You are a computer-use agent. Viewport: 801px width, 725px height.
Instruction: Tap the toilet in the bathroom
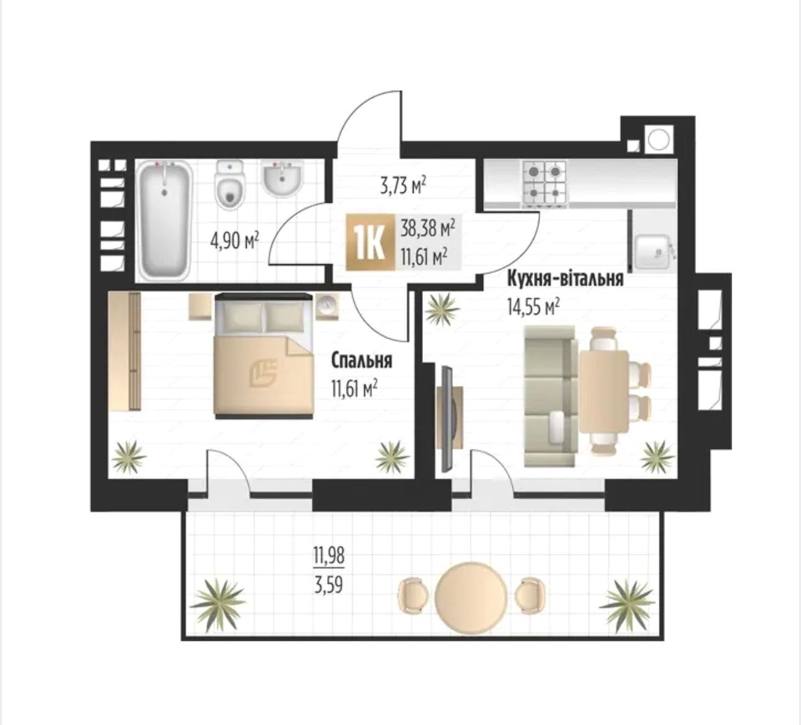click(x=229, y=185)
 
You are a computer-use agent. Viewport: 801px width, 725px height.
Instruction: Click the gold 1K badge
click(x=370, y=242)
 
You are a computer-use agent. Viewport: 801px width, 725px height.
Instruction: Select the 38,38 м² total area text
click(x=427, y=230)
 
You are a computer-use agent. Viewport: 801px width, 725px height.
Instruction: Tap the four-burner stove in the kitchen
click(x=545, y=184)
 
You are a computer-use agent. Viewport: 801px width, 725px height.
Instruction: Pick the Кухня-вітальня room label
click(x=565, y=279)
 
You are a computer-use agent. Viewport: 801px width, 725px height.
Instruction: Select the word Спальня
click(x=362, y=361)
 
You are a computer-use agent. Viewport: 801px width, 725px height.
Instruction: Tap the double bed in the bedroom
click(x=263, y=355)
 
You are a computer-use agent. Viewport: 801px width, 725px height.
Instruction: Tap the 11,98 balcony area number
click(x=329, y=555)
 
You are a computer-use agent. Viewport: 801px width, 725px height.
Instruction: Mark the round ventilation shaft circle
click(x=658, y=140)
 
